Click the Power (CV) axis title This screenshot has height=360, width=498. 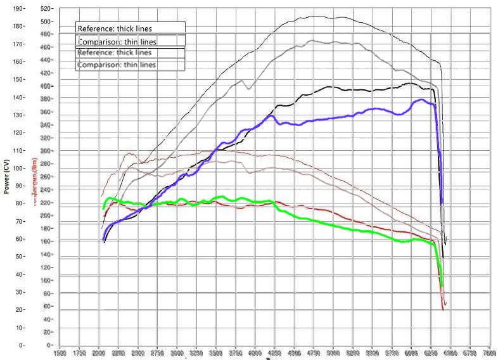[6, 177]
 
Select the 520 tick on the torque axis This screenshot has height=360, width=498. [45, 9]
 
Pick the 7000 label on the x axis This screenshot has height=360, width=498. [488, 353]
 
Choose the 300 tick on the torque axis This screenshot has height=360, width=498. [45, 151]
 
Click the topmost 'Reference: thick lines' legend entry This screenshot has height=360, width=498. [115, 28]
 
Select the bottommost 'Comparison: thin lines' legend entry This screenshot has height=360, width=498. [117, 65]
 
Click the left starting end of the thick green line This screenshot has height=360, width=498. [104, 208]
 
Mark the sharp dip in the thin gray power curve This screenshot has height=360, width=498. [248, 89]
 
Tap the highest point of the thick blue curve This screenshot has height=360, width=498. [421, 100]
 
